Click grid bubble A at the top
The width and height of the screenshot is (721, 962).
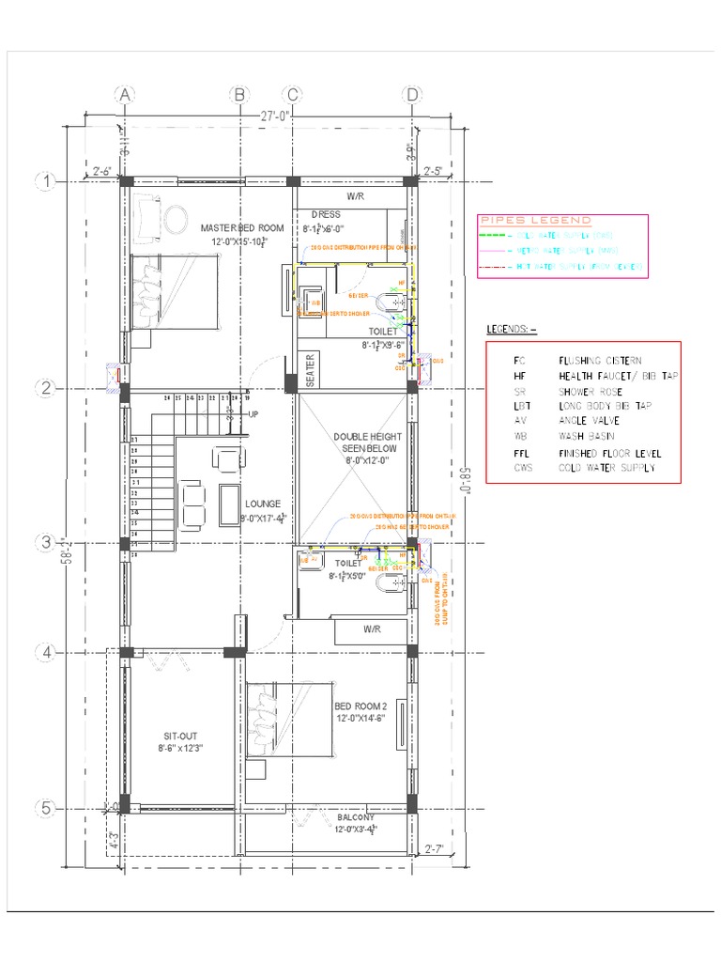tap(125, 95)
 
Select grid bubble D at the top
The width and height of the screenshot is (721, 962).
tap(411, 95)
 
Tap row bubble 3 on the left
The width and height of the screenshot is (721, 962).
tap(44, 542)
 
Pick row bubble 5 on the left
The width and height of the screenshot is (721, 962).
tap(44, 808)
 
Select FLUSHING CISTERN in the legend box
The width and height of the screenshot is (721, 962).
tap(600, 360)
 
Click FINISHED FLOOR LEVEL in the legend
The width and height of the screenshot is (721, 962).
tap(609, 452)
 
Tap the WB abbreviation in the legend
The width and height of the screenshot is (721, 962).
tap(520, 436)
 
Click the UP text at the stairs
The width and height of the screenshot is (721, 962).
tap(253, 413)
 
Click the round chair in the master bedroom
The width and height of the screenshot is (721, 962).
tap(174, 219)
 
